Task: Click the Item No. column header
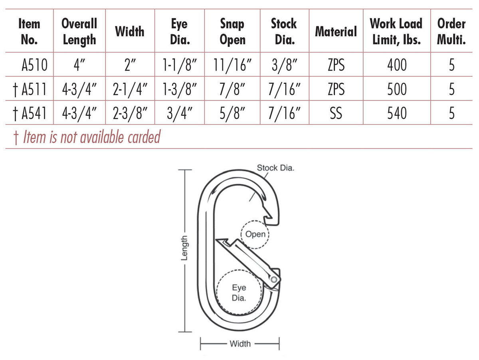pyautogui.click(x=29, y=32)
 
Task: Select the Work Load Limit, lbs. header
pyautogui.click(x=396, y=32)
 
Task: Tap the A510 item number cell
pyautogui.click(x=34, y=65)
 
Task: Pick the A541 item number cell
pyautogui.click(x=34, y=113)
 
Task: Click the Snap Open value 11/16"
pyautogui.click(x=232, y=65)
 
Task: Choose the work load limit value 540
pyautogui.click(x=397, y=113)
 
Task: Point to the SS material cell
pyautogui.click(x=336, y=113)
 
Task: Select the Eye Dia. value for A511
pyautogui.click(x=180, y=89)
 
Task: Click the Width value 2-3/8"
pyautogui.click(x=130, y=113)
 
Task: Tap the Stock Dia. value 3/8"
pyautogui.click(x=284, y=65)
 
